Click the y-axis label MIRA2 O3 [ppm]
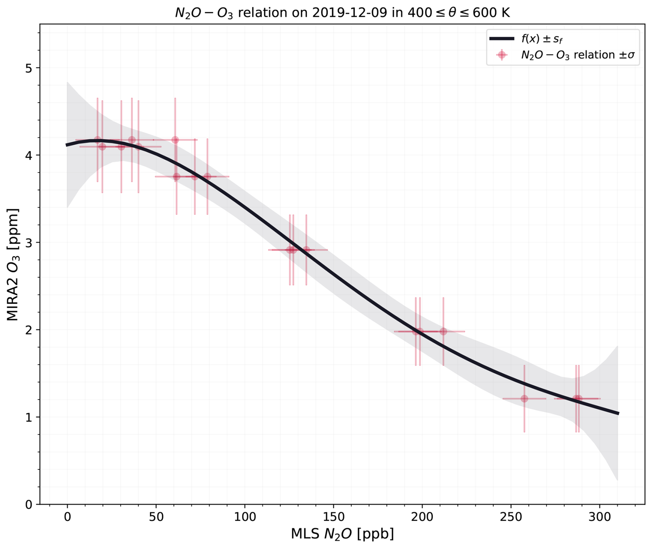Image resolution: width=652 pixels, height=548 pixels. coord(13,264)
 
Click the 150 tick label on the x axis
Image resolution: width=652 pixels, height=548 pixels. coord(333,517)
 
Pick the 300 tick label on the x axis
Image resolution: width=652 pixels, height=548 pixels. coord(600,517)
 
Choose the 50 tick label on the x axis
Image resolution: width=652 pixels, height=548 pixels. coord(156,517)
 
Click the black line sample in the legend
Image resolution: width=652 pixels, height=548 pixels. coord(502,39)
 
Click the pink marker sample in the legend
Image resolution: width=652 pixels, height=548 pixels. coord(502,55)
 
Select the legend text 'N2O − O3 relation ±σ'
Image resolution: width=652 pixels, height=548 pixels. coord(578,55)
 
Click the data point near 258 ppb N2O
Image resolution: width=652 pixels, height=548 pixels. coord(524,399)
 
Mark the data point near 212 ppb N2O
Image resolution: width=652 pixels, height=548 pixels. coord(443,331)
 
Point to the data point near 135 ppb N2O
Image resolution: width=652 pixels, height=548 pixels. coord(306,250)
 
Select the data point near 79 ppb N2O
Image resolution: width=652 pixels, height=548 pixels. coord(207,177)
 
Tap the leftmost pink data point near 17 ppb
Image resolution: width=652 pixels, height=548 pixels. coord(98,140)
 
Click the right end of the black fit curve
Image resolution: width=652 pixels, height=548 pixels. coord(619,413)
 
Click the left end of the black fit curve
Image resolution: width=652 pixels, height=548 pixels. coord(67,145)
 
